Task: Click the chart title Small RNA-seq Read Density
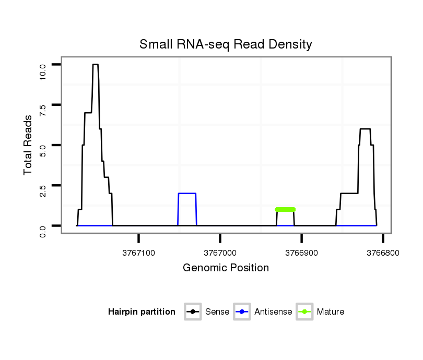pyautogui.click(x=226, y=44)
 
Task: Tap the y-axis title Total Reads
pyautogui.click(x=29, y=145)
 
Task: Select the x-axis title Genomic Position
pyautogui.click(x=226, y=268)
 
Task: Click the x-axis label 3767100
pyautogui.click(x=139, y=253)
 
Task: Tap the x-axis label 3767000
pyautogui.click(x=220, y=253)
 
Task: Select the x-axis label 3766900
pyautogui.click(x=301, y=253)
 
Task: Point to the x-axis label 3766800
pyautogui.click(x=383, y=253)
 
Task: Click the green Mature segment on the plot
pyautogui.click(x=285, y=209)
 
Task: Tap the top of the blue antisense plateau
pyautogui.click(x=187, y=194)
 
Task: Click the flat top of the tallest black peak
pyautogui.click(x=96, y=64)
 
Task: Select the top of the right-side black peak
pyautogui.click(x=365, y=129)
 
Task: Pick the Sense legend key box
pyautogui.click(x=193, y=312)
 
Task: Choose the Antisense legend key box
pyautogui.click(x=243, y=312)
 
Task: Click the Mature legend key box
pyautogui.click(x=304, y=312)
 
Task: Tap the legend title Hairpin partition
pyautogui.click(x=142, y=312)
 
